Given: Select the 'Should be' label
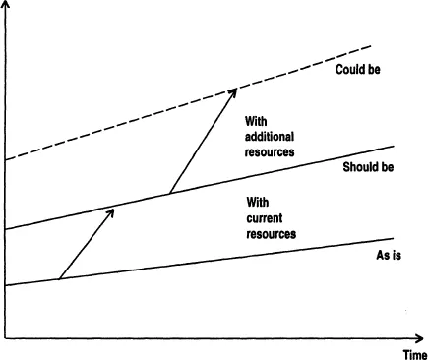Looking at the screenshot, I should pyautogui.click(x=368, y=167).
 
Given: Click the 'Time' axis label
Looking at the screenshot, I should pyautogui.click(x=413, y=353).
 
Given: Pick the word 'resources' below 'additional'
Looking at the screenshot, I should pyautogui.click(x=274, y=153).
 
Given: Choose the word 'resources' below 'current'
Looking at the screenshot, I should pyautogui.click(x=272, y=235).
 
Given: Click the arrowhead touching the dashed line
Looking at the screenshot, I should pyautogui.click(x=234, y=90).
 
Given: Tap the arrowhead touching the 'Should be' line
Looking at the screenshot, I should pyautogui.click(x=112, y=210).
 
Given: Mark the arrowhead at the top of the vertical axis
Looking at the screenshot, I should pyautogui.click(x=7, y=8).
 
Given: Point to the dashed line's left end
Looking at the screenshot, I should pyautogui.click(x=8, y=159).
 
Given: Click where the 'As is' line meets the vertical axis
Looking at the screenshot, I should pyautogui.click(x=7, y=286).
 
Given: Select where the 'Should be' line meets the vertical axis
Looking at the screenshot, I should pyautogui.click(x=7, y=230).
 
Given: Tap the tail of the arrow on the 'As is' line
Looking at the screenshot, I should pyautogui.click(x=59, y=278).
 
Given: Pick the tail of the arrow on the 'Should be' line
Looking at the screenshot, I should pyautogui.click(x=169, y=192).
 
